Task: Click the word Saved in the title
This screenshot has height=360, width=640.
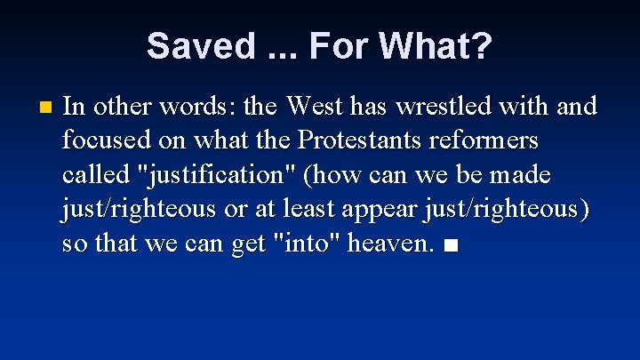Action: point(201,46)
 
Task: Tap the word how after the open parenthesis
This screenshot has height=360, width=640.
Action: point(336,175)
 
